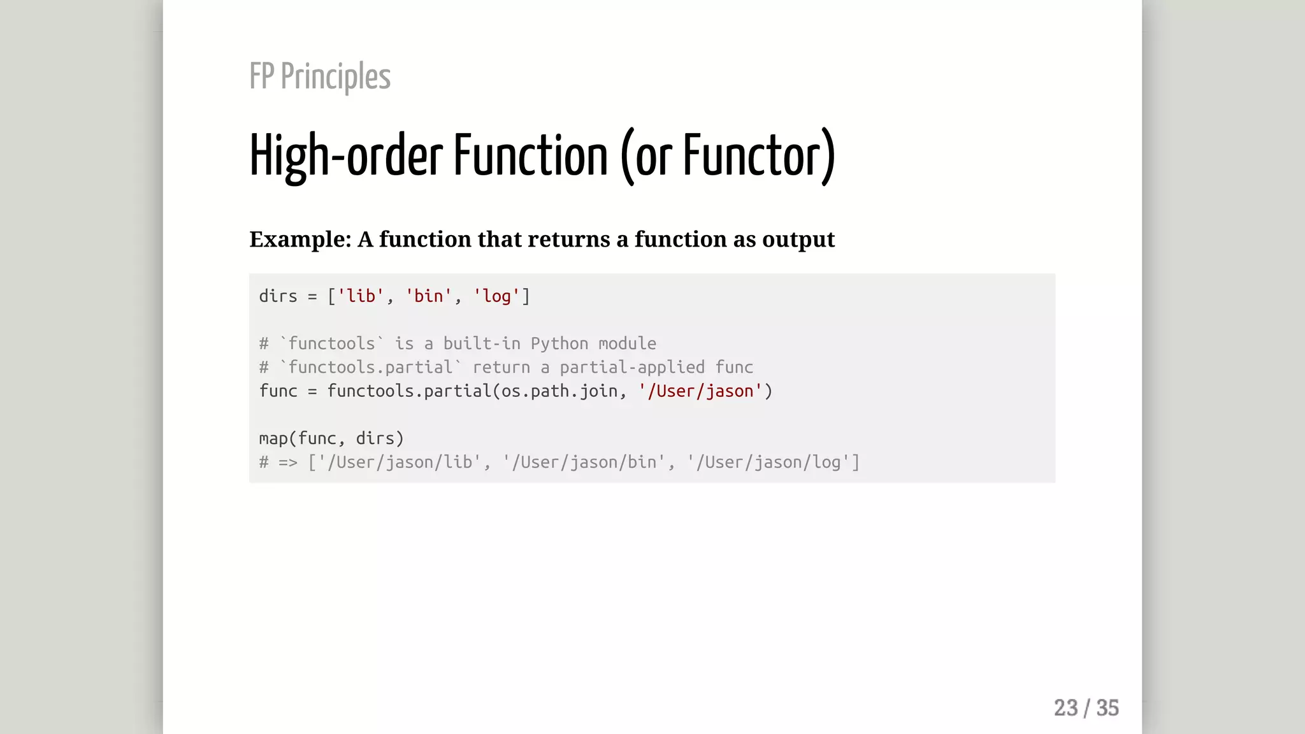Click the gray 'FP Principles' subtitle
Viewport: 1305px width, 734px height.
(320, 76)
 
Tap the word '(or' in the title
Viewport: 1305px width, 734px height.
(645, 155)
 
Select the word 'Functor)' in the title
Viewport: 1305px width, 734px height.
(759, 155)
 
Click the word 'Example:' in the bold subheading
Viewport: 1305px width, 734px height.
(300, 240)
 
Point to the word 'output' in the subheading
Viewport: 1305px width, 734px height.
(798, 240)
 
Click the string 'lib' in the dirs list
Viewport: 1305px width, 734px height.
(361, 296)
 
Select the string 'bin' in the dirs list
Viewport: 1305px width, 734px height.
(429, 296)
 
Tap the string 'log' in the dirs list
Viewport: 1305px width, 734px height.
(496, 296)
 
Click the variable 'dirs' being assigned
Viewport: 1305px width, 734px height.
(278, 296)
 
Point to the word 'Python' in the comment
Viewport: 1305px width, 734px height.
(559, 344)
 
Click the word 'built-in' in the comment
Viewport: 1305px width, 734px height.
(482, 344)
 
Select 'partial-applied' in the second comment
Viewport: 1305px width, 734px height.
(632, 368)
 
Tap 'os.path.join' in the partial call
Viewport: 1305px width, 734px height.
(559, 391)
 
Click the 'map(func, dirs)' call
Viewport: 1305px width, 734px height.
(331, 439)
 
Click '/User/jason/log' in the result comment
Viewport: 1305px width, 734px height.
(768, 463)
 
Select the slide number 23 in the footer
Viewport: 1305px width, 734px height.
(1065, 708)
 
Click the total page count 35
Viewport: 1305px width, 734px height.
(1107, 708)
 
